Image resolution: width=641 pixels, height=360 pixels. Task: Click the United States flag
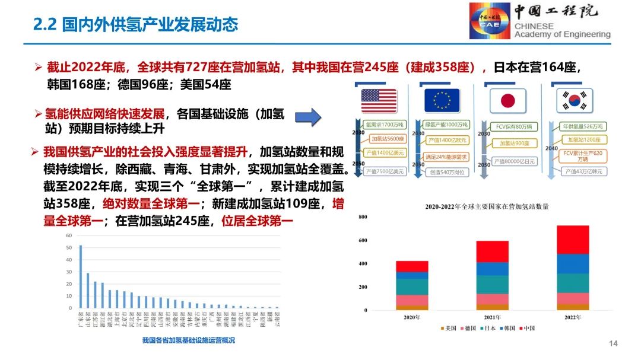(379, 100)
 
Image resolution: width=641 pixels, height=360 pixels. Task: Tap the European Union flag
(442, 100)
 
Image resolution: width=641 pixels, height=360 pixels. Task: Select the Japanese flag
(507, 100)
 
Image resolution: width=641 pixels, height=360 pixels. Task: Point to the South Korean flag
(575, 100)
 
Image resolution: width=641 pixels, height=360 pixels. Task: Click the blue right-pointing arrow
(308, 116)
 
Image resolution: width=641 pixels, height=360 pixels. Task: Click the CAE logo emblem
(490, 21)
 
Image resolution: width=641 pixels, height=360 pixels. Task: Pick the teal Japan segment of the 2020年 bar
(412, 286)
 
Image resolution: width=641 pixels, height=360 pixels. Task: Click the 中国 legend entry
(528, 328)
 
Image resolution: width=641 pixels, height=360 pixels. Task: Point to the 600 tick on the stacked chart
(363, 240)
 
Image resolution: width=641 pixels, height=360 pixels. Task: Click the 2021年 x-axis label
(492, 317)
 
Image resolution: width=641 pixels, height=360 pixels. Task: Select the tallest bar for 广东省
(81, 276)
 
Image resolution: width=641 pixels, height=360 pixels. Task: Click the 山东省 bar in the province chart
(88, 291)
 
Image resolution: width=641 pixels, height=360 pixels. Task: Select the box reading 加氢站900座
(514, 144)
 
